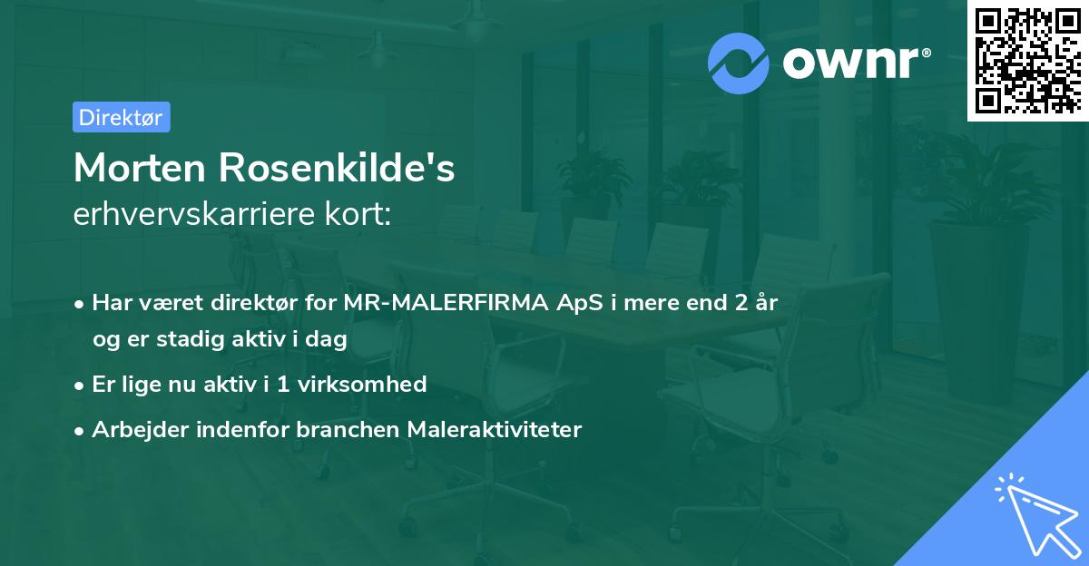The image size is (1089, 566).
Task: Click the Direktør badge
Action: tap(121, 117)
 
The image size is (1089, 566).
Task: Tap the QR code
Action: tap(1027, 61)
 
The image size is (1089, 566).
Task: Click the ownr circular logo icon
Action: tap(739, 63)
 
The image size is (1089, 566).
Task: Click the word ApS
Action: tap(581, 303)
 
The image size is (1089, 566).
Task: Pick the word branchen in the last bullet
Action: tap(348, 429)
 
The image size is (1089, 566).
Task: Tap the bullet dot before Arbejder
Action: tap(81, 430)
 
